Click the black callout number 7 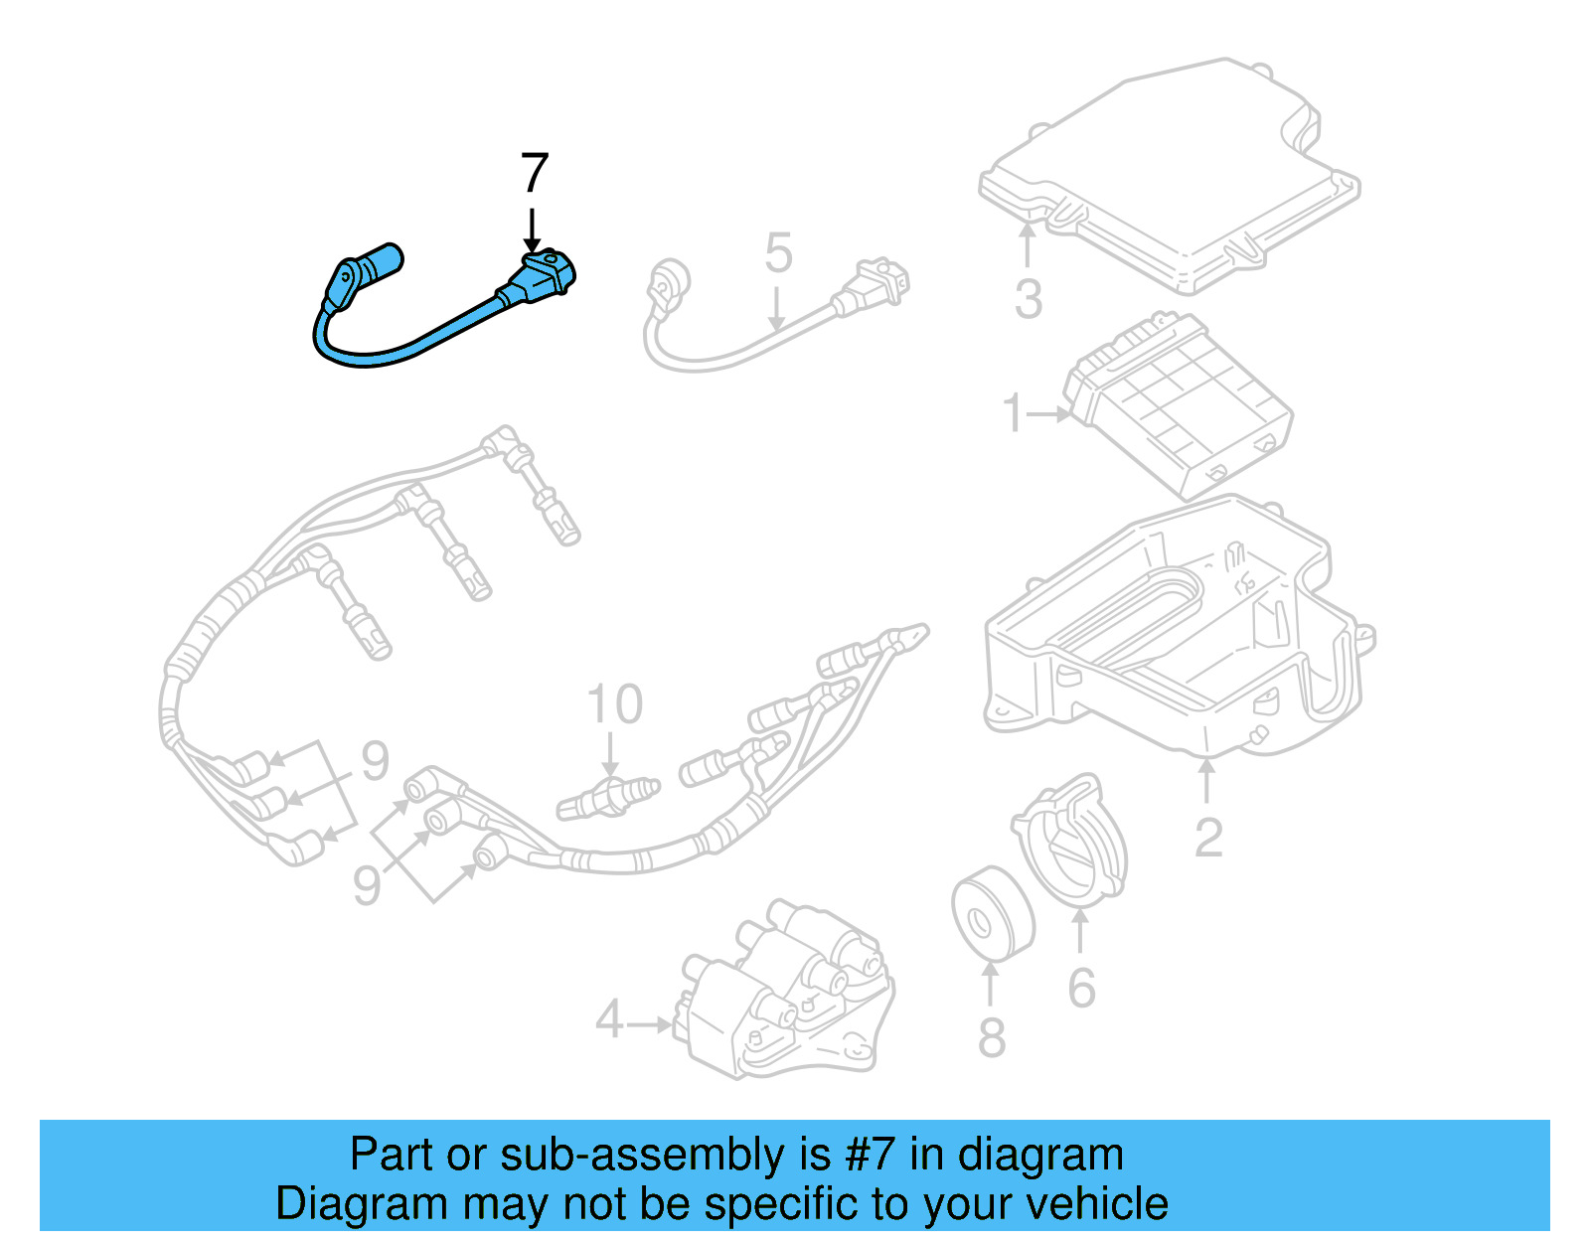tap(535, 174)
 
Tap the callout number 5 tap(778, 253)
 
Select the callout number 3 tap(1029, 299)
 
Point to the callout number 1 tap(1013, 413)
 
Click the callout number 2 tap(1208, 838)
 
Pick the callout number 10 tap(615, 704)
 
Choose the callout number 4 tap(609, 1020)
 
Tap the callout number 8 tap(992, 1037)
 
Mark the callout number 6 tap(1081, 988)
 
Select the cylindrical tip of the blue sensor tap(382, 261)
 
